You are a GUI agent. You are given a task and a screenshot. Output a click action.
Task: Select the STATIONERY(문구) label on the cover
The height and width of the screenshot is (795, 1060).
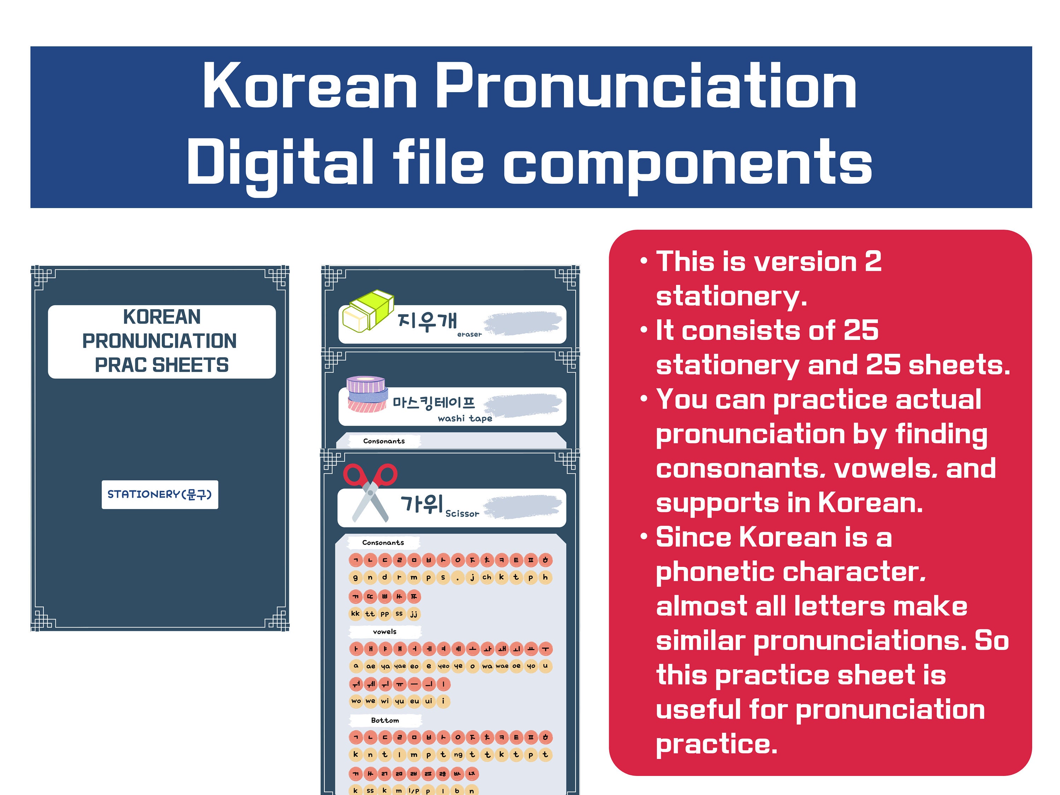160,494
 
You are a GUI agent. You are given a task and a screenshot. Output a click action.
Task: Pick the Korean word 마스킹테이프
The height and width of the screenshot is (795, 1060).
434,402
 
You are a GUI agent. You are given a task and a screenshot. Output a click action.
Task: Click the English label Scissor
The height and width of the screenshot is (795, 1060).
462,514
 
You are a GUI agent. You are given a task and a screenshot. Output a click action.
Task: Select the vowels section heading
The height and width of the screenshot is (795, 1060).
384,632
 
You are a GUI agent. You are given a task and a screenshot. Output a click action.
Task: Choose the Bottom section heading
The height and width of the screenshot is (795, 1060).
385,720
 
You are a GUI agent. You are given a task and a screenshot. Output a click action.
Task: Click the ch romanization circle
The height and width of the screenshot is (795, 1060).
487,577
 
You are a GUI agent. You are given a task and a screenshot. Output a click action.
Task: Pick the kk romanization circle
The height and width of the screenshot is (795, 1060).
355,613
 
